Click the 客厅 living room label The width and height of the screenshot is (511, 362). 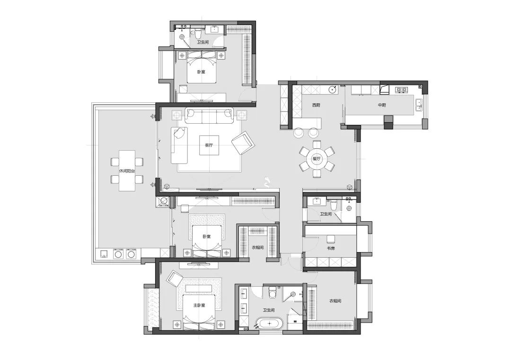click(x=209, y=145)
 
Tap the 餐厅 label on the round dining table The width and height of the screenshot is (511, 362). click(x=317, y=159)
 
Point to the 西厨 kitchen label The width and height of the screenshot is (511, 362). click(x=316, y=105)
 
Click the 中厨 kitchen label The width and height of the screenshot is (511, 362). click(x=382, y=105)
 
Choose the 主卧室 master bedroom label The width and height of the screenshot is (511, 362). click(x=199, y=306)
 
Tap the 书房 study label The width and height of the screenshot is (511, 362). click(x=331, y=248)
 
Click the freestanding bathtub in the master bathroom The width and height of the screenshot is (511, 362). click(x=269, y=324)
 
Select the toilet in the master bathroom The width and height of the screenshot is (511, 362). click(x=272, y=292)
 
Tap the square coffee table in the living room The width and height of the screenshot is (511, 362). click(x=209, y=145)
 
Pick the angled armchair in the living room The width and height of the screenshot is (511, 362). click(x=243, y=143)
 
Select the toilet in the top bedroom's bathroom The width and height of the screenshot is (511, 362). click(x=197, y=34)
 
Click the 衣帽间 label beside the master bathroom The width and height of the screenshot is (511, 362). click(x=335, y=301)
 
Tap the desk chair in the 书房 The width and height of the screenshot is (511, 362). click(x=331, y=239)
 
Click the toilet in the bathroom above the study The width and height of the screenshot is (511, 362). click(x=334, y=205)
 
